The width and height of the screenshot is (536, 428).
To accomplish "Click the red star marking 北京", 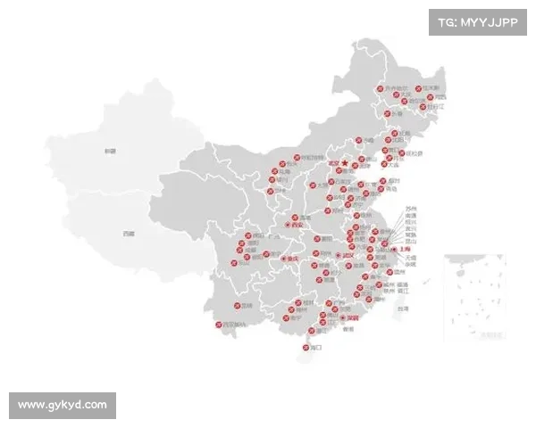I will (x=344, y=163).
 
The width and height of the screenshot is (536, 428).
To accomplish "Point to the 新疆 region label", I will (x=110, y=152).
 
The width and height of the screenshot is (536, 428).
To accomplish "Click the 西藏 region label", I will (x=130, y=234).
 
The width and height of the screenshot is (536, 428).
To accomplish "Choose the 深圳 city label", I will (x=353, y=317).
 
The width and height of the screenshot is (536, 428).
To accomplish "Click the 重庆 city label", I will (x=289, y=259).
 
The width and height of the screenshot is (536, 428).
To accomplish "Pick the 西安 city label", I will (x=298, y=226).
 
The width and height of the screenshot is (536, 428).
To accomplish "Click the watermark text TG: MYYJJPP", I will (x=479, y=21).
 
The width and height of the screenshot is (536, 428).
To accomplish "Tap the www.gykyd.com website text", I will (x=63, y=406).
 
